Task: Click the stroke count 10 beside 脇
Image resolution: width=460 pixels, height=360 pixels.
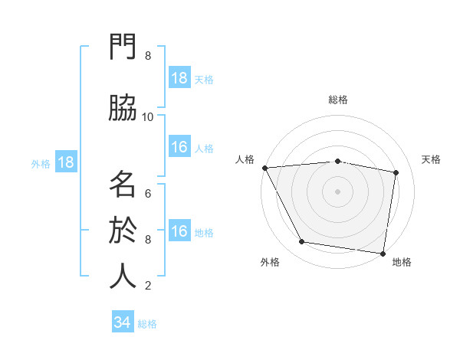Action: (x=148, y=116)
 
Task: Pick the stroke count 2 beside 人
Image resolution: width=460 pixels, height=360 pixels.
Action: (x=148, y=285)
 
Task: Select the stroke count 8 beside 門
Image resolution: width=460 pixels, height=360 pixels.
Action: (x=148, y=55)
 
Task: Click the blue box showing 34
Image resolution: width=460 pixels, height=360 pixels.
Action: (x=123, y=322)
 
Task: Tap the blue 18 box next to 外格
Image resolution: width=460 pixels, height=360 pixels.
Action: (x=65, y=162)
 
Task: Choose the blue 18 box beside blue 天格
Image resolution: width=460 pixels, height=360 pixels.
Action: (x=179, y=78)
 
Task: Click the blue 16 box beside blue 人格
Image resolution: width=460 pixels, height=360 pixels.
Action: (x=179, y=147)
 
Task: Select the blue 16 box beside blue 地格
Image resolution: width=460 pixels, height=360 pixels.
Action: (x=179, y=231)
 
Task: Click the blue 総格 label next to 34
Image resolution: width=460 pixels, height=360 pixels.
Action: (x=147, y=323)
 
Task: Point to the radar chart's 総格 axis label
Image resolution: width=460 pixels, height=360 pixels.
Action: (x=338, y=100)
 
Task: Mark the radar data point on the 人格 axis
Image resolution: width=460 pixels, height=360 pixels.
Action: (x=264, y=168)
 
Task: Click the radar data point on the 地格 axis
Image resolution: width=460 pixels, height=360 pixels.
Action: (x=383, y=253)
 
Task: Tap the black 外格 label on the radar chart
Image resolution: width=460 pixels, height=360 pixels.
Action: (x=270, y=262)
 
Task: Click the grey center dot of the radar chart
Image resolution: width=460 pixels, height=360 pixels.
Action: (x=338, y=191)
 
